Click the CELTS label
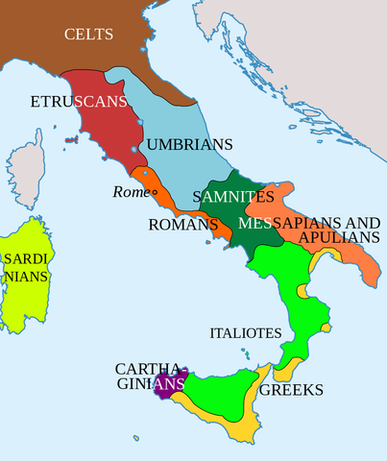coord(88,36)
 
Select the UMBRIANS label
coord(189,145)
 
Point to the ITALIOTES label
coord(245,333)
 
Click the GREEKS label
coord(290,390)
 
